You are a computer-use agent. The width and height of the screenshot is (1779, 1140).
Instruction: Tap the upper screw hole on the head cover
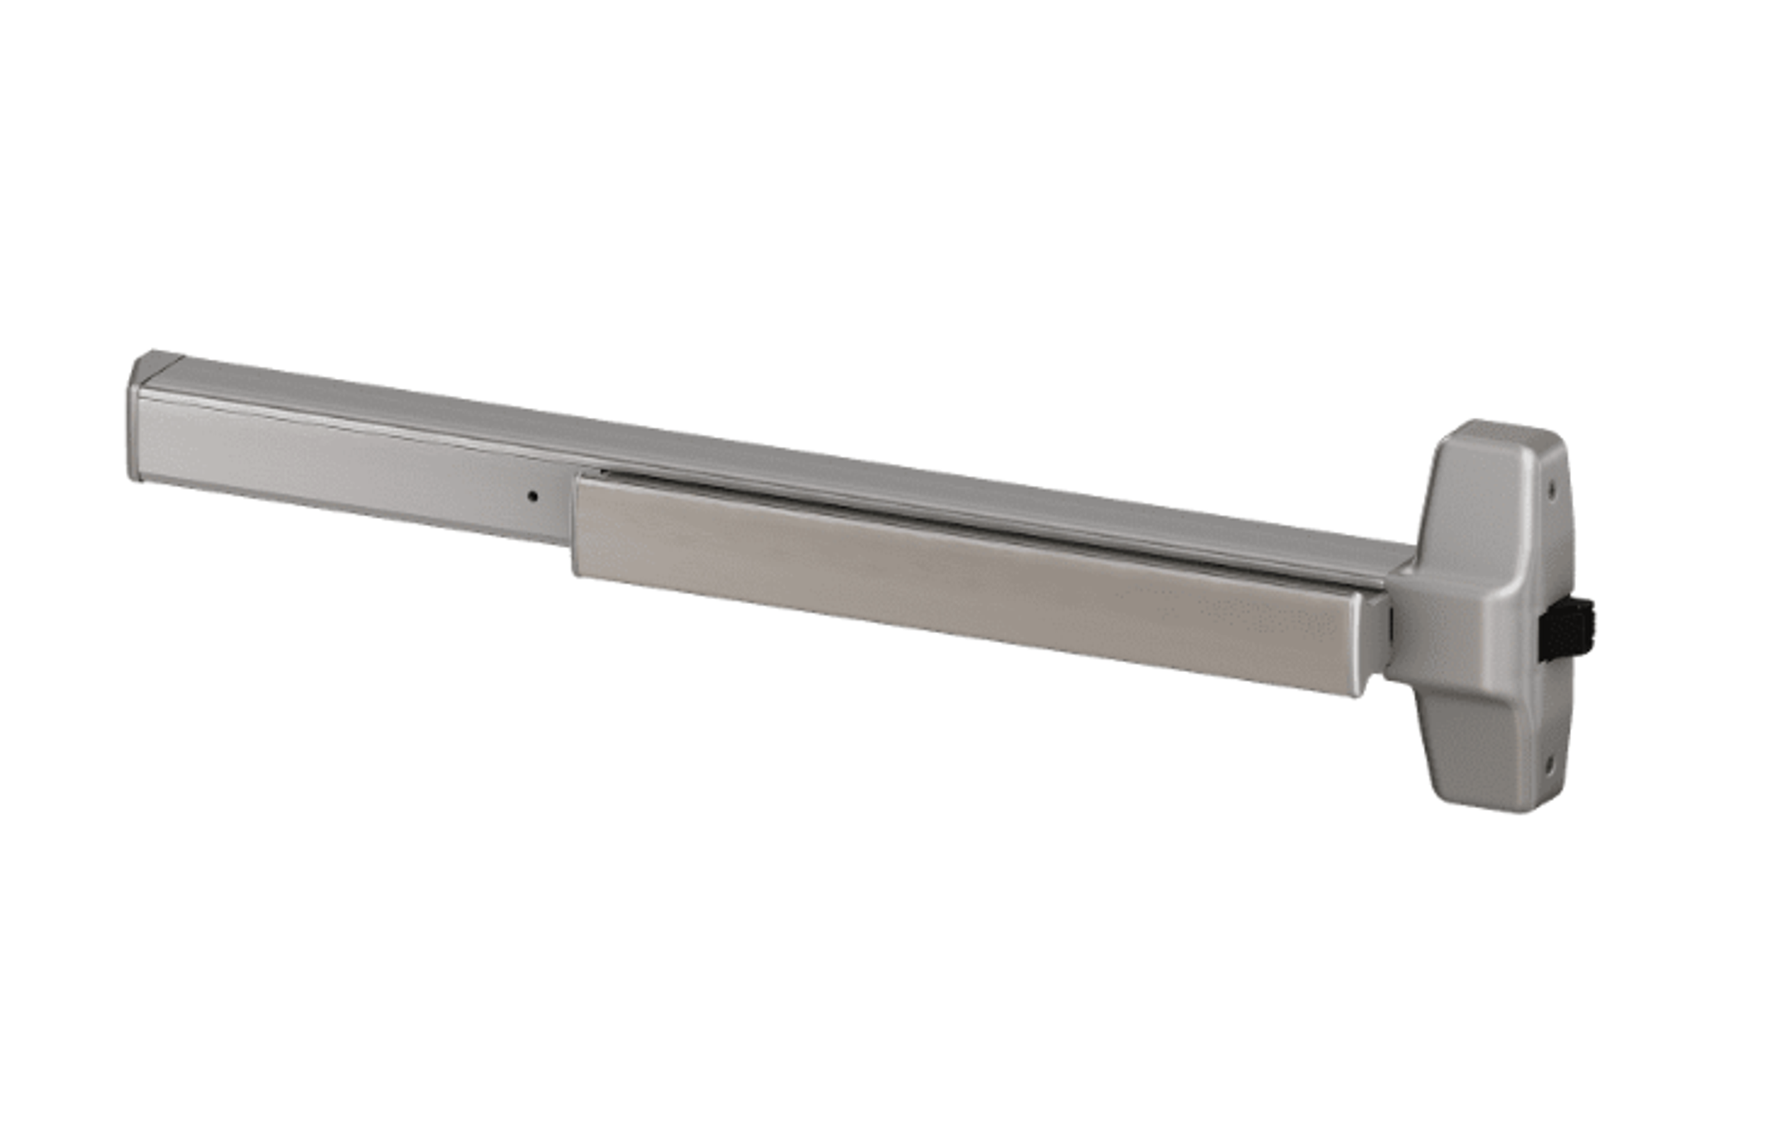(x=1552, y=489)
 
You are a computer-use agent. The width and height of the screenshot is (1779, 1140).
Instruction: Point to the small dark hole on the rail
(x=532, y=496)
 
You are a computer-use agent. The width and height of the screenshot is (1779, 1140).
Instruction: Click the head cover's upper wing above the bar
(x=1476, y=496)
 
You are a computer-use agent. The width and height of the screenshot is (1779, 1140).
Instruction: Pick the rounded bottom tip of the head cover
(x=1502, y=807)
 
